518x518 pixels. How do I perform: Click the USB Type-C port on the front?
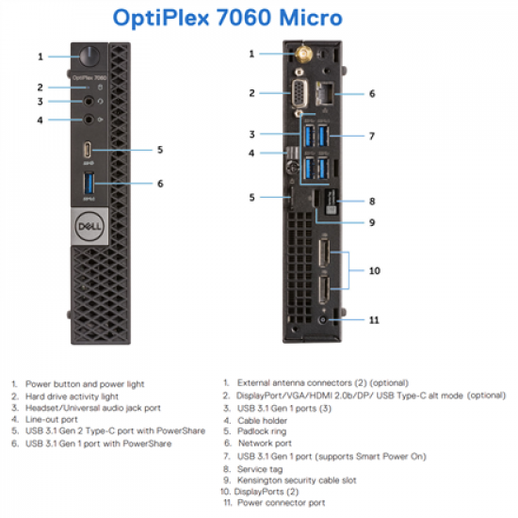[x=88, y=151]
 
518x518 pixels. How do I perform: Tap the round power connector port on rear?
[x=324, y=319]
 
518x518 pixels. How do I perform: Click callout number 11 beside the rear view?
[x=374, y=320]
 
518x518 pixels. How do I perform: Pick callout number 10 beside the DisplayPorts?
[x=374, y=270]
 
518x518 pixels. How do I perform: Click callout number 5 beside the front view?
[x=160, y=150]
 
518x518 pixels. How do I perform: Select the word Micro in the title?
[x=302, y=18]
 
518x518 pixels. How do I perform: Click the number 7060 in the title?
[x=227, y=18]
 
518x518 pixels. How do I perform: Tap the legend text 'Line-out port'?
[x=53, y=419]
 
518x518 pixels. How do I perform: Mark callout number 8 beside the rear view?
[x=372, y=201]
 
